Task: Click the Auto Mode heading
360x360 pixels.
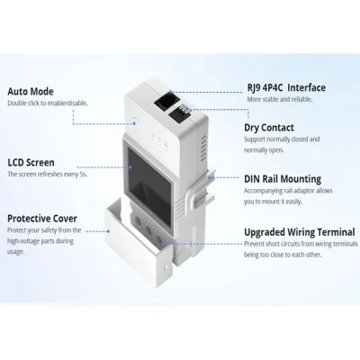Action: (x=31, y=92)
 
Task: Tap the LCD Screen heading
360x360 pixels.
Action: (x=31, y=163)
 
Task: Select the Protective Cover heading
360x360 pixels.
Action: (x=42, y=219)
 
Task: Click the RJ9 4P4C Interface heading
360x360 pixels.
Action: (x=286, y=87)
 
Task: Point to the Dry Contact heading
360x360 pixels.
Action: (x=269, y=128)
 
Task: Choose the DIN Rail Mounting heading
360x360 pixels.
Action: (x=283, y=179)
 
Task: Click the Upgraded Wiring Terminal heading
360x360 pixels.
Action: (x=300, y=232)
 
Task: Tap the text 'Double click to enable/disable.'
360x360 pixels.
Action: (x=48, y=103)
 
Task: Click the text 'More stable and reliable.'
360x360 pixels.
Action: (x=280, y=99)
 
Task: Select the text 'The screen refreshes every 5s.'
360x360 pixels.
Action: (x=48, y=175)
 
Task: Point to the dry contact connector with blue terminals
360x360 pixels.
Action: (x=180, y=114)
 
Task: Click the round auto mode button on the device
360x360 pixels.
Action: (x=134, y=122)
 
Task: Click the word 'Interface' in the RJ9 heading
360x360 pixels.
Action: (x=307, y=87)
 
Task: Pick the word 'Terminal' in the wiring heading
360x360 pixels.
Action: (x=336, y=232)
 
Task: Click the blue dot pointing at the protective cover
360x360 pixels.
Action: (x=108, y=231)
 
